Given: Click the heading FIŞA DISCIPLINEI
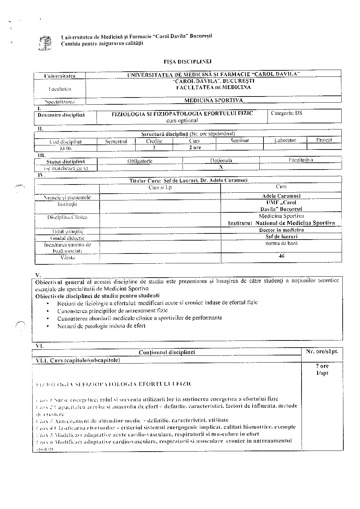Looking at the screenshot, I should pos(187,61).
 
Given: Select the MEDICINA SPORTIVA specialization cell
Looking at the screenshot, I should pos(213,100).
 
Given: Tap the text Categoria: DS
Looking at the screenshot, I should pos(286,113).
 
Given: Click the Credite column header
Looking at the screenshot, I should pos(154,141).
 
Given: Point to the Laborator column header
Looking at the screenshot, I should pos(285,140).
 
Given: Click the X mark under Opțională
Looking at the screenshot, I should pos(221,167).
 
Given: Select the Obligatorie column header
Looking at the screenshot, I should pos(140,161).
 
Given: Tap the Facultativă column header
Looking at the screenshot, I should pos(301,160).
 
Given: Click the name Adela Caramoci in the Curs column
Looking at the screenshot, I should pos(281,196).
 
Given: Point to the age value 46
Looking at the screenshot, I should pos(281,256).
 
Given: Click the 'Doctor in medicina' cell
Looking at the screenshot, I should pos(281,230).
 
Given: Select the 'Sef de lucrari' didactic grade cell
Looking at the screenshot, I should pos(281,236).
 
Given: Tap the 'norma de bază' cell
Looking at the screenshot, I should pos(281,243).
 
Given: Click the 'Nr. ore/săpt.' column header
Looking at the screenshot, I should pos(322,352).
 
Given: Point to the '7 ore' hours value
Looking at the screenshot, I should pos(322,366).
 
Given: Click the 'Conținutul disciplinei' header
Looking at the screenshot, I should pos(167,352).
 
